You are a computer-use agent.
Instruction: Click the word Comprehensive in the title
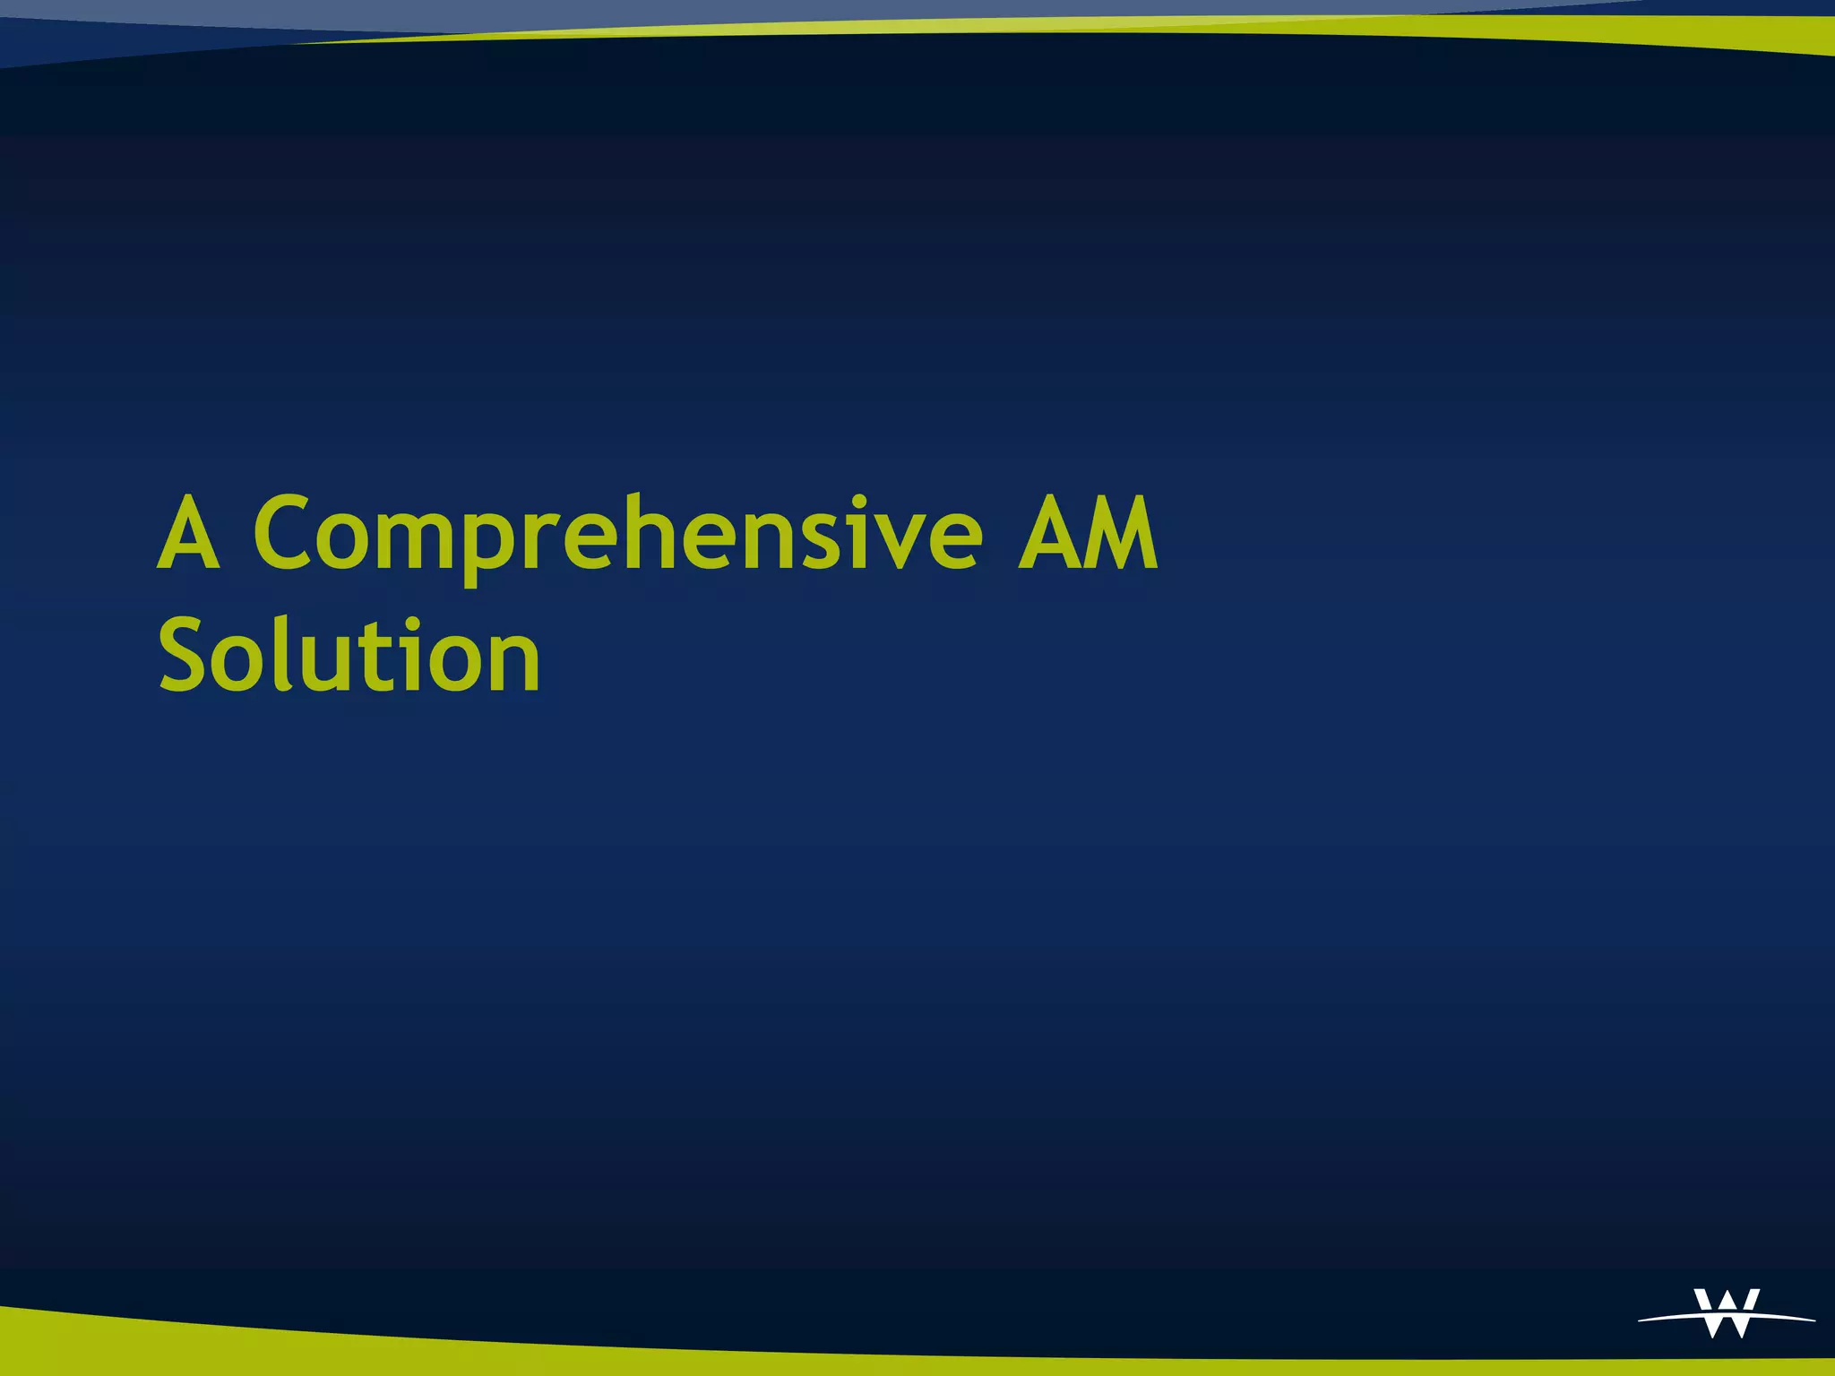click(x=618, y=535)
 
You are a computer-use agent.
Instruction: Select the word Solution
click(x=349, y=656)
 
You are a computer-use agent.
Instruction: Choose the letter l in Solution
click(x=289, y=654)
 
